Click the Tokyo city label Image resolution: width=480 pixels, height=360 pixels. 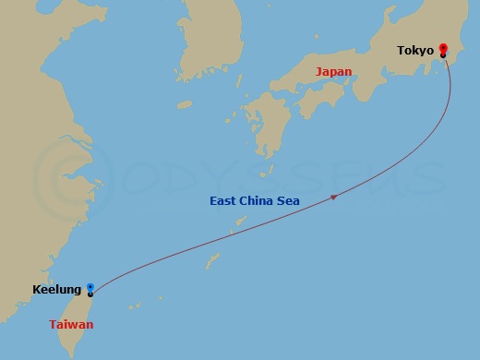pos(415,50)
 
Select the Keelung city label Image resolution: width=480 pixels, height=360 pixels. pos(56,290)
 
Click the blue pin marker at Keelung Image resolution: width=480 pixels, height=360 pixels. pos(90,288)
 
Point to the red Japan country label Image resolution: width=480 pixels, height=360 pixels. pos(333,71)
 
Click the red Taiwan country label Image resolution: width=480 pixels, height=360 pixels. pos(71,324)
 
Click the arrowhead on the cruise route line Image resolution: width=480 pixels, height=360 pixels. pos(333,196)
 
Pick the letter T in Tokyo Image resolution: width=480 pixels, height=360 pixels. pos(401,50)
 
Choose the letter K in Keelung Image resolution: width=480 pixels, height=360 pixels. pos(36,290)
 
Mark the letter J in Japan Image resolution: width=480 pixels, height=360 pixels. pos(318,71)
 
